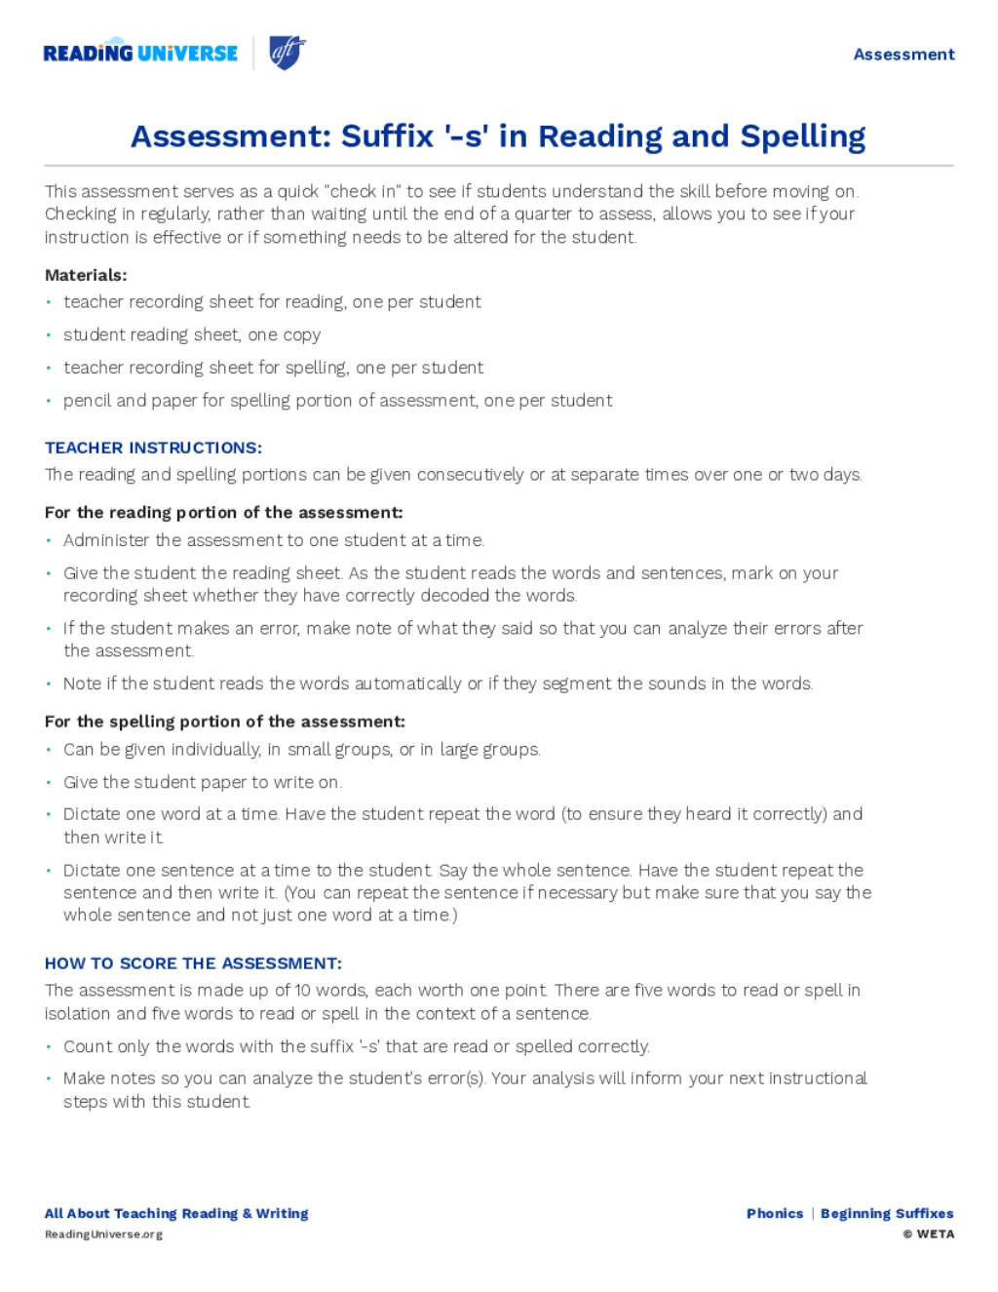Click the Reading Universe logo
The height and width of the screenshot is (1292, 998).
pos(140,53)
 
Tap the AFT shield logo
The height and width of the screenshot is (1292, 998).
pos(287,52)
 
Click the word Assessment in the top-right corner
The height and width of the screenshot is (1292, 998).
pos(903,55)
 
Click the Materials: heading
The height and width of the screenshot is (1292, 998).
pos(86,275)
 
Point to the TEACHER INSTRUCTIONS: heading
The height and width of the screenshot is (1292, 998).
pos(153,448)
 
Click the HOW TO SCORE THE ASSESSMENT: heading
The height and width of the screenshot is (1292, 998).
pos(193,963)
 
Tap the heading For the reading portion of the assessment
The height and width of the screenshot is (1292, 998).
pos(223,512)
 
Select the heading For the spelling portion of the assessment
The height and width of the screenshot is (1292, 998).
pos(224,722)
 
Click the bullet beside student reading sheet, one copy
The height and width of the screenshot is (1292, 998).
pos(49,335)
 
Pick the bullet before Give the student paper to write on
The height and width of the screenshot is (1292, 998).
pos(49,782)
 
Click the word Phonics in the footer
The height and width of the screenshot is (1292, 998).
pos(775,1213)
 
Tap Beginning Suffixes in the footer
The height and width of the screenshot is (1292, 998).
pos(887,1213)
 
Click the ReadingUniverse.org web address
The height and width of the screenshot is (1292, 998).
pos(103,1234)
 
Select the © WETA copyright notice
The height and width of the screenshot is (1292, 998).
pos(928,1234)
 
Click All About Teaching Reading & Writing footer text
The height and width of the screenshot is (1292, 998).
pos(176,1213)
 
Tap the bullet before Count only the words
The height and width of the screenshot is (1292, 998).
pos(49,1046)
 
